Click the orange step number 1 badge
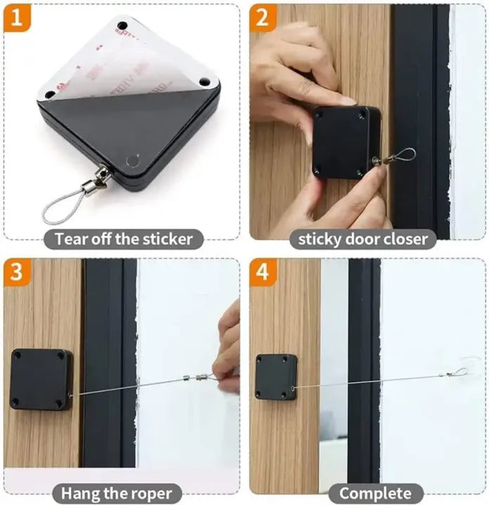(17, 18)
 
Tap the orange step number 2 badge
(263, 18)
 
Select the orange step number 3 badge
(17, 272)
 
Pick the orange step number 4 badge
(263, 272)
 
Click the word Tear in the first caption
(71, 239)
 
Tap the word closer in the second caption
(406, 239)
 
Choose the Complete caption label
(375, 493)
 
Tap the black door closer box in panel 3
(41, 379)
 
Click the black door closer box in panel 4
(276, 377)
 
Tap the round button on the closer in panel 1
(133, 160)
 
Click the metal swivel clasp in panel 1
(98, 179)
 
